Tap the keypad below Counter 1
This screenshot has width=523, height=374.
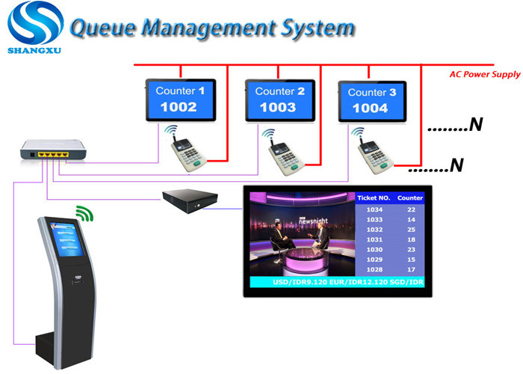[185, 150]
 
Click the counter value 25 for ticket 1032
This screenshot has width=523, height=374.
[410, 229]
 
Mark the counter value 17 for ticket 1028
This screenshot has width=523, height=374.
[410, 269]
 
